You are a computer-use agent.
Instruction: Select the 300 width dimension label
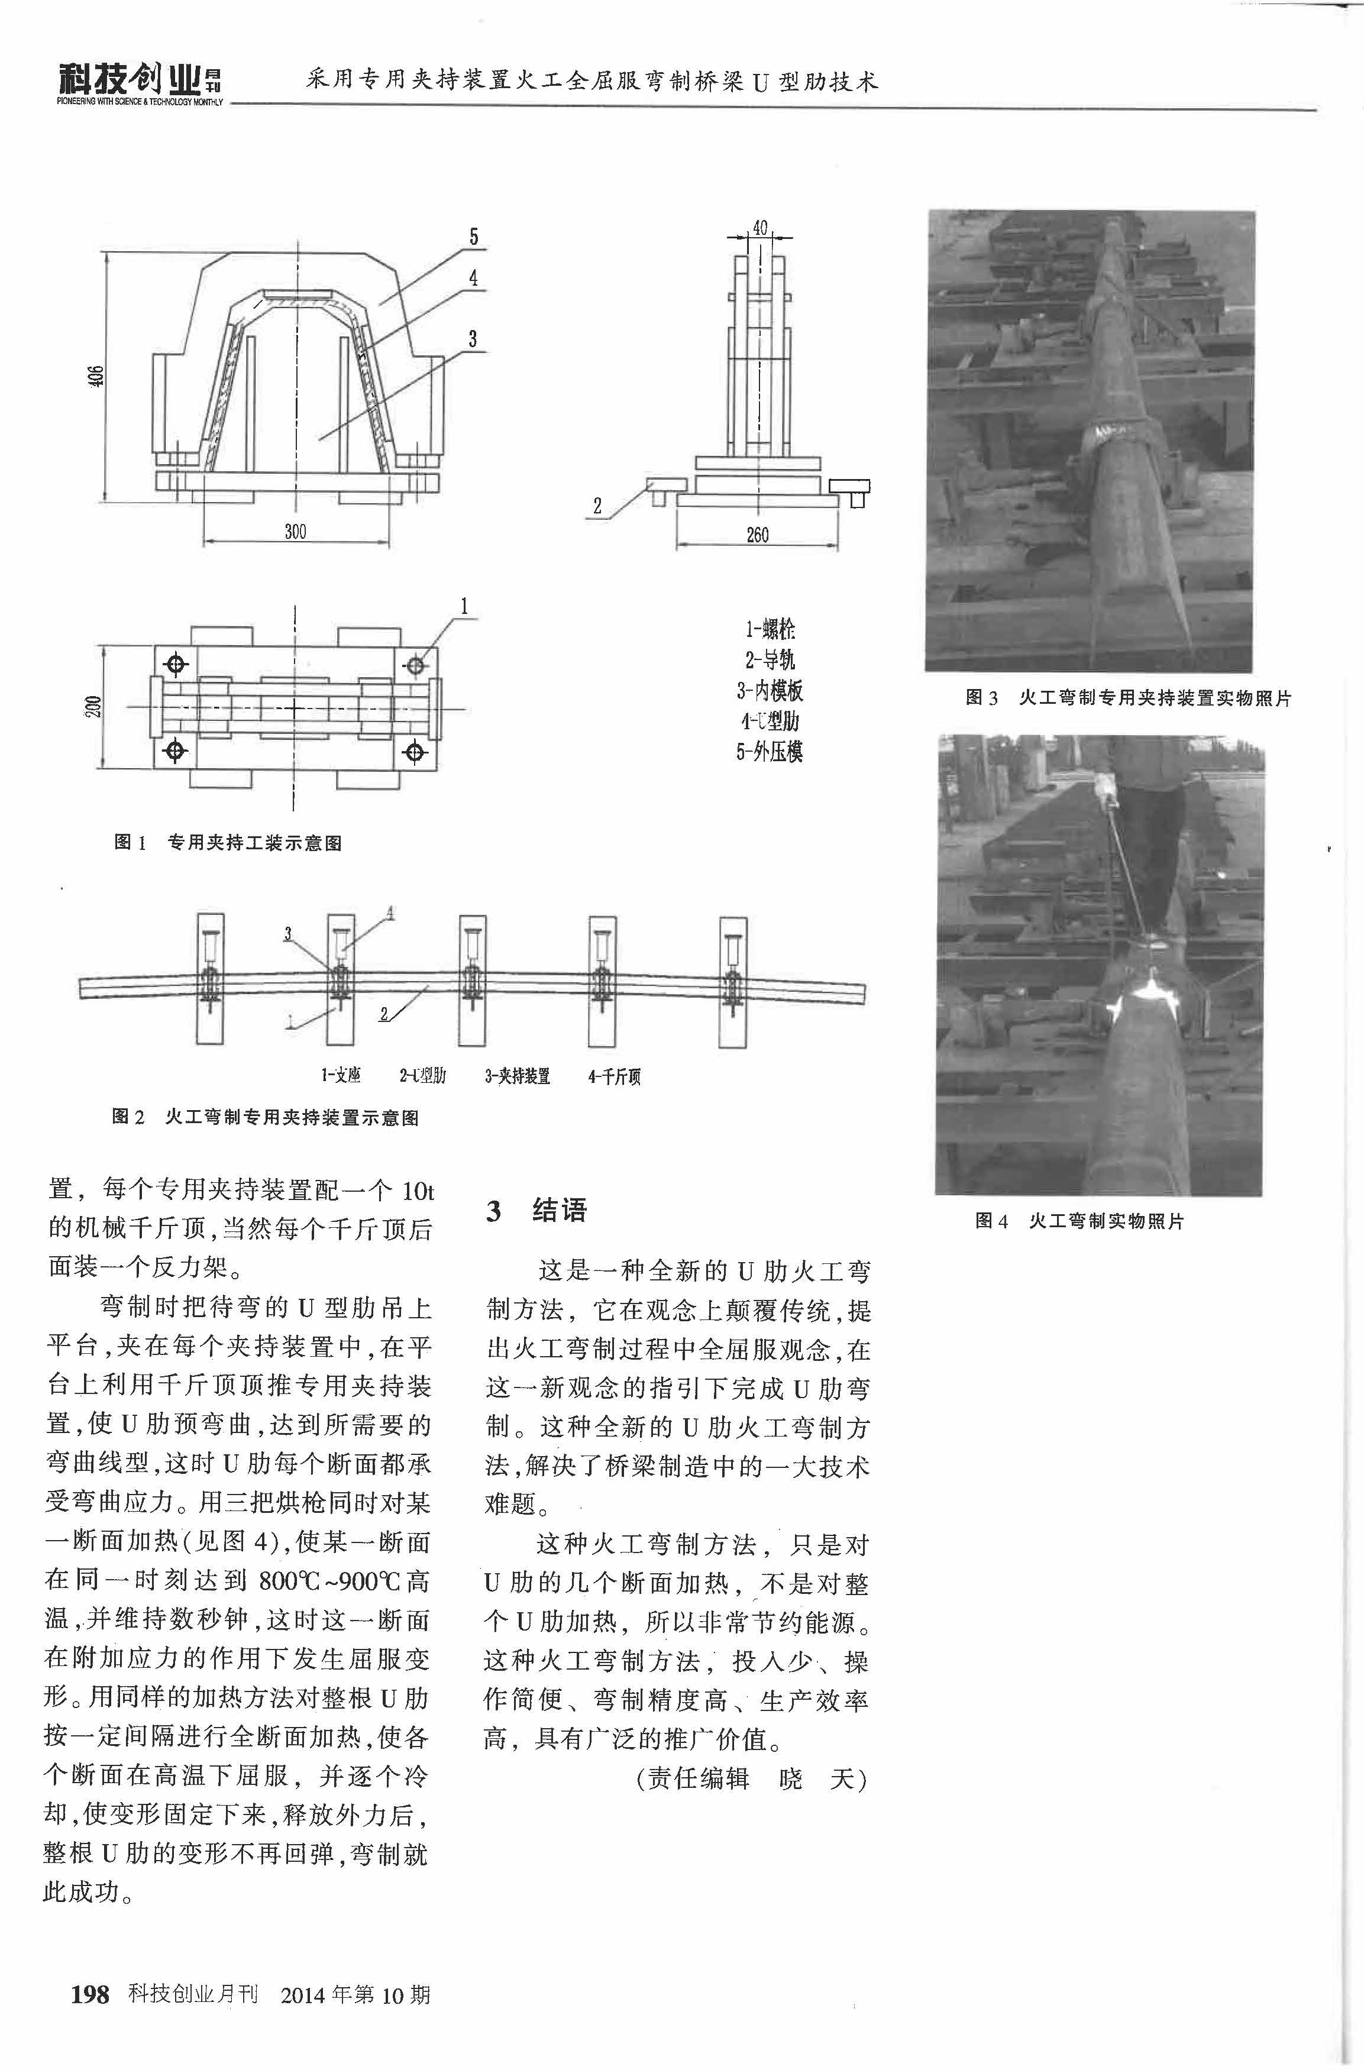(296, 532)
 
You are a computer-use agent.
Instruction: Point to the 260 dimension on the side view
(758, 535)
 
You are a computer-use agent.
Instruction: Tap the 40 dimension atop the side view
(759, 228)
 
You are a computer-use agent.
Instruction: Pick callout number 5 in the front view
(474, 237)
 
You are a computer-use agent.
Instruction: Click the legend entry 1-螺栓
(770, 629)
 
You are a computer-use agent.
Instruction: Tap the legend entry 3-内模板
(770, 691)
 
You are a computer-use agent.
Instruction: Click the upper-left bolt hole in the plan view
(177, 665)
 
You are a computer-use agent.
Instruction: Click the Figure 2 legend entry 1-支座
(341, 1076)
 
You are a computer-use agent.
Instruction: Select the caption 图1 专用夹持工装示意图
(228, 843)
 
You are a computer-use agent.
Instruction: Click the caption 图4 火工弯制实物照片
(1079, 1221)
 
